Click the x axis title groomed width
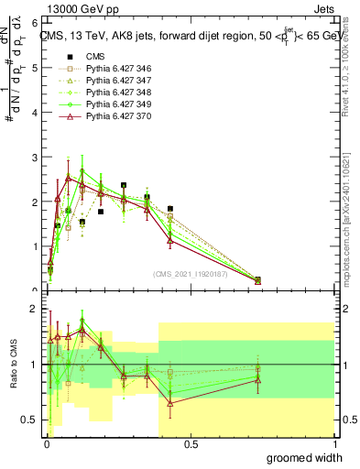[304, 457]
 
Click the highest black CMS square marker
[124, 186]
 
